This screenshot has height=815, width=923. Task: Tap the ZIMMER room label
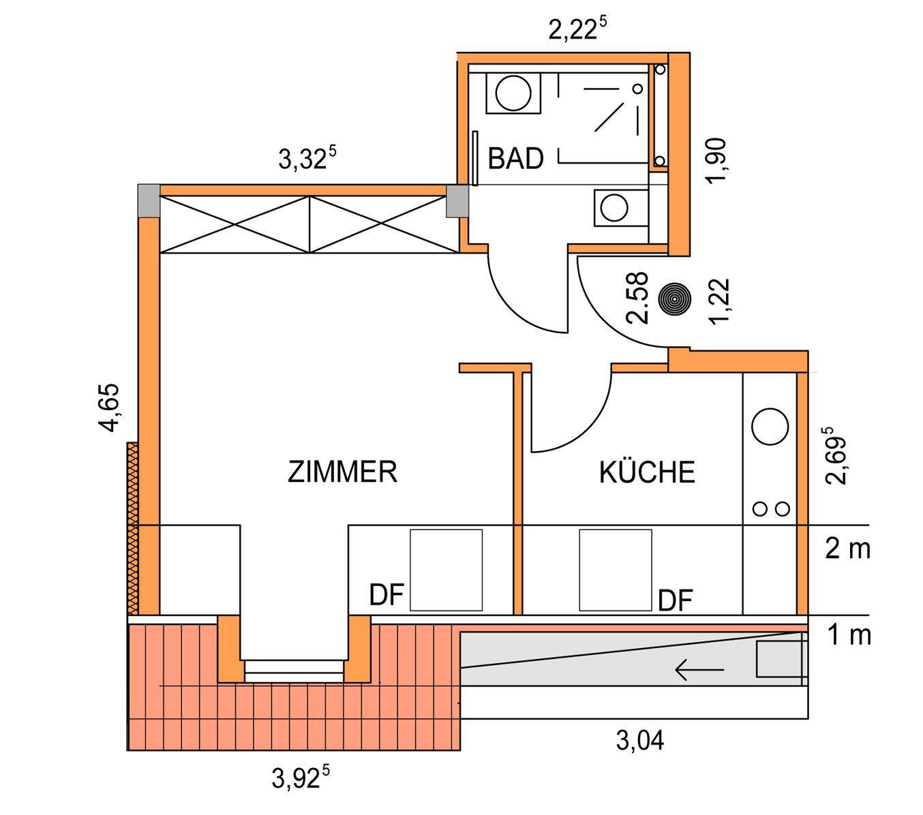(x=342, y=472)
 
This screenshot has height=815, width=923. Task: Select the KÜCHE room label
(x=647, y=472)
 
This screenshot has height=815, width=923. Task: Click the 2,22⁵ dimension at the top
(x=577, y=31)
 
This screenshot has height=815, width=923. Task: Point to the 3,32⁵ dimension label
(x=307, y=160)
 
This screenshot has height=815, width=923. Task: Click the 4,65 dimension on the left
(x=109, y=407)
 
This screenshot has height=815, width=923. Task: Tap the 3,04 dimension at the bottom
(x=640, y=740)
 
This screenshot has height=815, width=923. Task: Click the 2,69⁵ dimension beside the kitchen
(x=838, y=455)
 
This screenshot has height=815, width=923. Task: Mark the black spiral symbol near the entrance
(x=674, y=298)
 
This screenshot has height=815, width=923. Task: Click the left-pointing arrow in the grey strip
(x=699, y=671)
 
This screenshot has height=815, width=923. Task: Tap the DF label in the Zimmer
(x=387, y=595)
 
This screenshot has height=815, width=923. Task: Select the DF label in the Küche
(x=676, y=600)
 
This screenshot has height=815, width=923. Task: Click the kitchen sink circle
(x=770, y=426)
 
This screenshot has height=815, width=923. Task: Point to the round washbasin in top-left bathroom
(x=513, y=93)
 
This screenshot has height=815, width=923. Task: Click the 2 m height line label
(x=847, y=549)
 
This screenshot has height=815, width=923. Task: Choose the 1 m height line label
(x=849, y=635)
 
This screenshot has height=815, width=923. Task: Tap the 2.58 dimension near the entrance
(x=638, y=298)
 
